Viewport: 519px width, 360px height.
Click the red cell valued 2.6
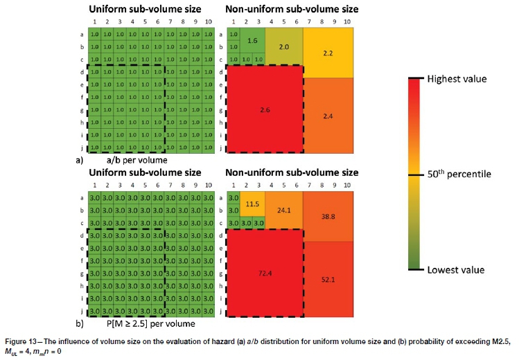(x=265, y=109)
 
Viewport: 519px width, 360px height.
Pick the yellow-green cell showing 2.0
(x=284, y=46)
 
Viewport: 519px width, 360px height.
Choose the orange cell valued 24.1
(x=284, y=210)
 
